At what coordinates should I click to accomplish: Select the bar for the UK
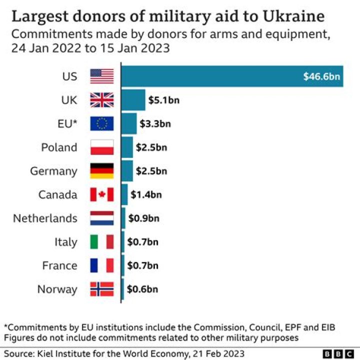click(133, 100)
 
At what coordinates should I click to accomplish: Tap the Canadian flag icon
click(102, 194)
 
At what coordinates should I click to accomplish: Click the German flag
click(102, 171)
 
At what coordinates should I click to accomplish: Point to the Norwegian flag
click(102, 289)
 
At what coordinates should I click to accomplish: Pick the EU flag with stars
click(102, 123)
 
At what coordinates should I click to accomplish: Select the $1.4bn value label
click(146, 194)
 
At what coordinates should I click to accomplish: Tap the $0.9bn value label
click(143, 218)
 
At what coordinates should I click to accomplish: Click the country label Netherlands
click(45, 218)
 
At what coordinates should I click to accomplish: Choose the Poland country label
click(59, 147)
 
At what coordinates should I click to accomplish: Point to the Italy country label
click(66, 242)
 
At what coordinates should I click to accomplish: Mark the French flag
click(102, 265)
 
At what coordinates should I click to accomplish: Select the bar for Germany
click(127, 171)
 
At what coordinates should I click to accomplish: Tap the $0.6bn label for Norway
click(142, 289)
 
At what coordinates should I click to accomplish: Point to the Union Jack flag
click(102, 100)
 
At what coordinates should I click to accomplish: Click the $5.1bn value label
click(163, 100)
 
